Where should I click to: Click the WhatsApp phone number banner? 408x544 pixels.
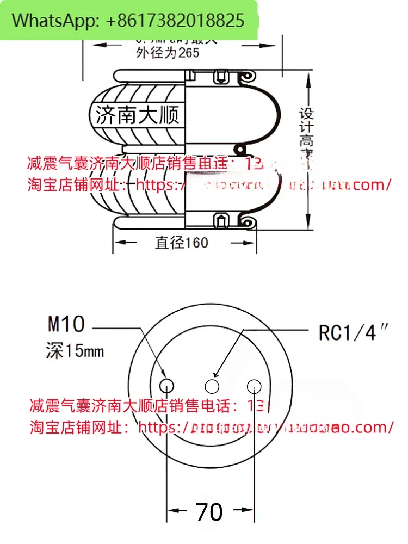pyautogui.click(x=128, y=21)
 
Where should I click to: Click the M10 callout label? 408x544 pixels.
pyautogui.click(x=66, y=325)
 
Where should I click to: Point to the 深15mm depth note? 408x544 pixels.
pyautogui.click(x=75, y=351)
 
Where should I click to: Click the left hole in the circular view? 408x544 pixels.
pyautogui.click(x=166, y=386)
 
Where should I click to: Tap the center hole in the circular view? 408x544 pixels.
pyautogui.click(x=211, y=386)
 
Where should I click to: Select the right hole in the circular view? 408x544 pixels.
pyautogui.click(x=254, y=386)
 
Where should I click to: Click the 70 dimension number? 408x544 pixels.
pyautogui.click(x=210, y=512)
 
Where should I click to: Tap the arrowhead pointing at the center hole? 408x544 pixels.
pyautogui.click(x=217, y=374)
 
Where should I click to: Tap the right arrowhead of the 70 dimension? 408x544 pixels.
pyautogui.click(x=249, y=511)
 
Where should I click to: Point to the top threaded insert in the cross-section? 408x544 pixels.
pyautogui.click(x=221, y=77)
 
